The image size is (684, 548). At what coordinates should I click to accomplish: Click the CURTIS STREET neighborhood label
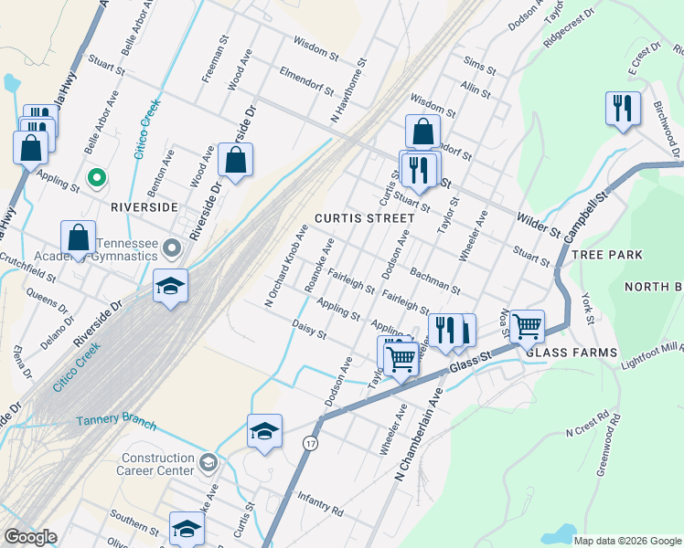[x=358, y=218]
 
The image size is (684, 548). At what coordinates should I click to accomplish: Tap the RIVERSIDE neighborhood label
[x=144, y=206]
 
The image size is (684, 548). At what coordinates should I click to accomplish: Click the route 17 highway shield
[x=311, y=442]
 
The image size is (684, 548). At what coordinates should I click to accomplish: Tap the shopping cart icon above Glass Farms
[x=527, y=325]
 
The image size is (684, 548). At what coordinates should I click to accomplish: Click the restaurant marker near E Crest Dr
[x=623, y=109]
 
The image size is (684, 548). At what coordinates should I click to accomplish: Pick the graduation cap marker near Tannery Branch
[x=264, y=430]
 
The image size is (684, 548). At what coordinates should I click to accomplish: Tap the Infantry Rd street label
[x=320, y=502]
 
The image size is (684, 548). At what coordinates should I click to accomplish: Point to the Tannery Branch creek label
[x=116, y=423]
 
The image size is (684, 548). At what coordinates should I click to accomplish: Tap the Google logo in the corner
[x=30, y=537]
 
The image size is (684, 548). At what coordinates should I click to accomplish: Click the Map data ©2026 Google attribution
[x=627, y=541]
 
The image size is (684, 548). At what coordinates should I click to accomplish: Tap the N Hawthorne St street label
[x=347, y=91]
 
